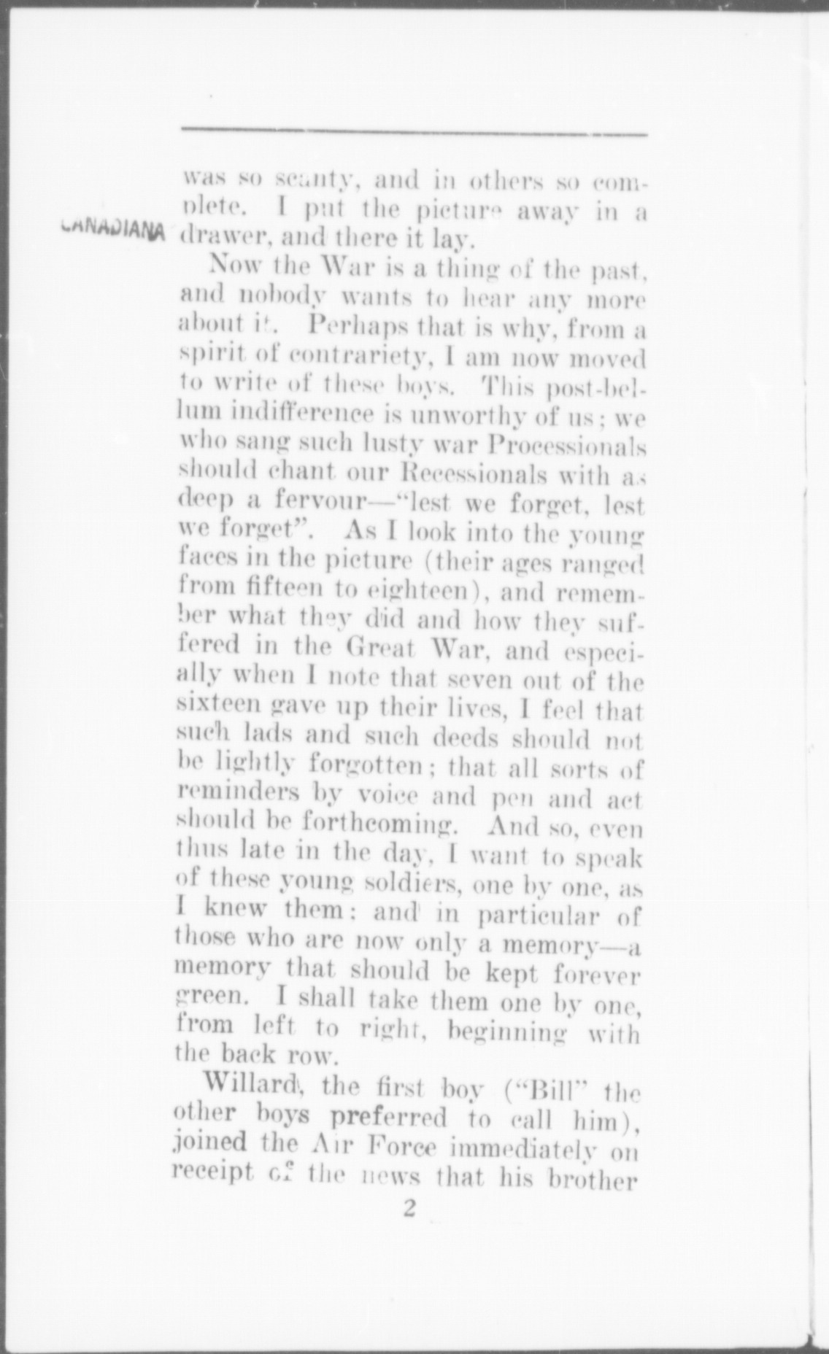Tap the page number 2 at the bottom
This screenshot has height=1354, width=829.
[409, 1209]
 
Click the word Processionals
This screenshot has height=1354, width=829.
[563, 446]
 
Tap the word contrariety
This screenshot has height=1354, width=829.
[358, 359]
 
